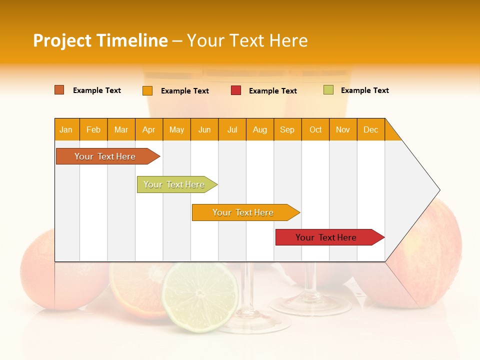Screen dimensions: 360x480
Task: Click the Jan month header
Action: [66, 129]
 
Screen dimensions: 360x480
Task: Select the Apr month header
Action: [149, 129]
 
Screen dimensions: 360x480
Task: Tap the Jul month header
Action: [232, 129]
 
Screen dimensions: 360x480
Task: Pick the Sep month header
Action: [287, 129]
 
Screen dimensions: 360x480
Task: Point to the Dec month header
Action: [371, 129]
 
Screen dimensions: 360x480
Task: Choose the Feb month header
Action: [93, 129]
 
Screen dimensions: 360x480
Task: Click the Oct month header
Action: [315, 129]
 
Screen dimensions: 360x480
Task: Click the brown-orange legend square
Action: [59, 90]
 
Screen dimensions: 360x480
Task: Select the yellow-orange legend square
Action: [147, 90]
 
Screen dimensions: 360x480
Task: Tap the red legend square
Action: [236, 90]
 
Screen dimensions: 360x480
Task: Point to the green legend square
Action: [328, 90]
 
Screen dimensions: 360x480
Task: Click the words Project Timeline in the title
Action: [100, 40]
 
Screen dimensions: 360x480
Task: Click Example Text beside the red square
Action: [273, 91]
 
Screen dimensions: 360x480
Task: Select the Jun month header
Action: [204, 129]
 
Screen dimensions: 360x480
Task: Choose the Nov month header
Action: [343, 129]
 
